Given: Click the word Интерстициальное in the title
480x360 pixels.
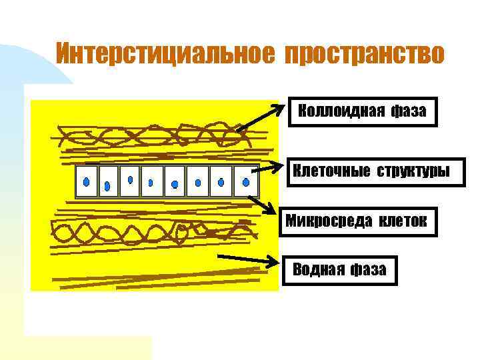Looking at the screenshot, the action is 164,53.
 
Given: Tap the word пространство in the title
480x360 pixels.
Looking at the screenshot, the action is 363,53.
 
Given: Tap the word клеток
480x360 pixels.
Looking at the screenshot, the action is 403,221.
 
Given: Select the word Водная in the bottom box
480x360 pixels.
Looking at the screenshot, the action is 319,270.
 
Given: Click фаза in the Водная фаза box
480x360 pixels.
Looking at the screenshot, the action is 370,270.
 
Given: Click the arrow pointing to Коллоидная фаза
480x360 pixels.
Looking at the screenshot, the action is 260,117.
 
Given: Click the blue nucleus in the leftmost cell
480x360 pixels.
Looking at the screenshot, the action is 86,181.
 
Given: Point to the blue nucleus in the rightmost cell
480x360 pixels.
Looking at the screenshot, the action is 246,181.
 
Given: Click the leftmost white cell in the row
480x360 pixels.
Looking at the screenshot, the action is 87,181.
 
